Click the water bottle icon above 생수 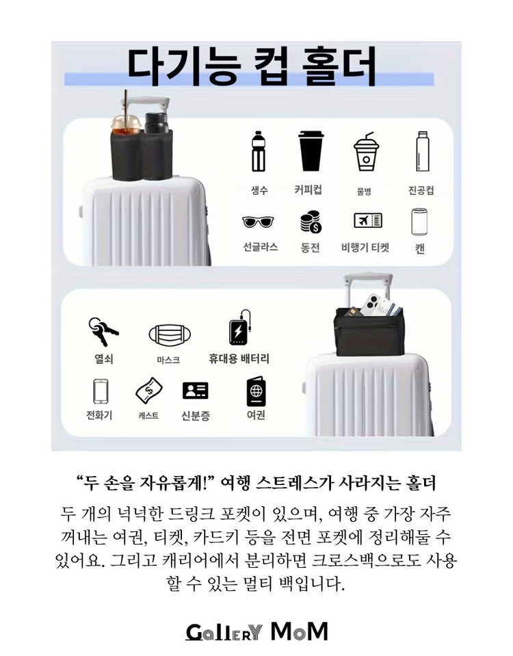tap(258, 151)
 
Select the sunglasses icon tap(259, 222)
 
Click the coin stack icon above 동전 tap(310, 222)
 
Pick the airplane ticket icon tap(367, 220)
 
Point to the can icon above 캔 tap(419, 222)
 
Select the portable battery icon tap(240, 331)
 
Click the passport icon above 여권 tap(256, 392)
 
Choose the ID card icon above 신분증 tap(195, 391)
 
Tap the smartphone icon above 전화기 tap(101, 392)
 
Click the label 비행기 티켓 tap(365, 248)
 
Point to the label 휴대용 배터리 tap(239, 358)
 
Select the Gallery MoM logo tap(256, 631)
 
